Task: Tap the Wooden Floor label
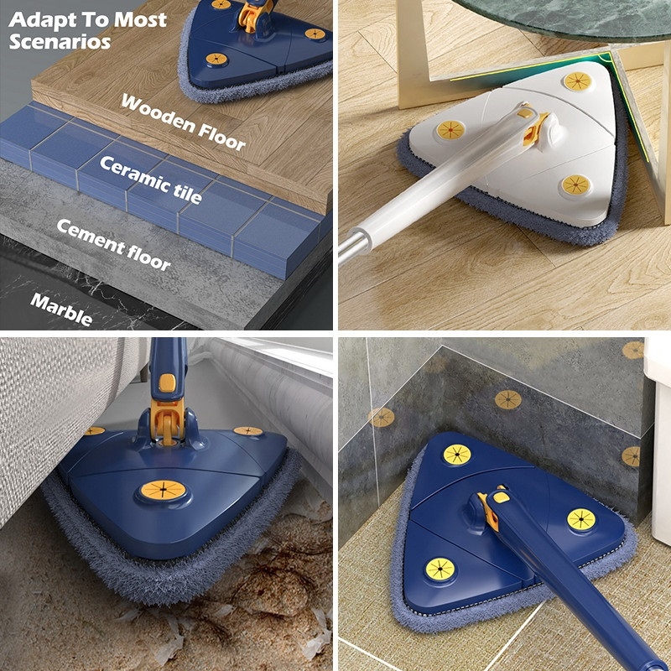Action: pyautogui.click(x=184, y=122)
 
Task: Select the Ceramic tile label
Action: pyautogui.click(x=151, y=179)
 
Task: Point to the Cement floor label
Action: pyautogui.click(x=113, y=244)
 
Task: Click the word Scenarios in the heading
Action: pyautogui.click(x=60, y=40)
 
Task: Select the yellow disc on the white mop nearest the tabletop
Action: pyautogui.click(x=577, y=81)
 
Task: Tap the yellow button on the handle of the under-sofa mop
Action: pyautogui.click(x=168, y=382)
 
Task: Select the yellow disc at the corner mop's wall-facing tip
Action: pyautogui.click(x=457, y=454)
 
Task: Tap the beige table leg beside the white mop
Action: pyautogui.click(x=419, y=59)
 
